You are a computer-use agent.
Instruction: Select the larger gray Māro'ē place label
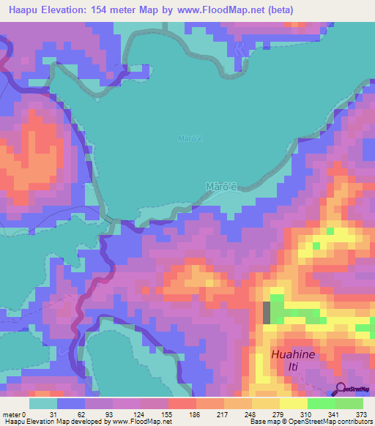pyautogui.click(x=221, y=187)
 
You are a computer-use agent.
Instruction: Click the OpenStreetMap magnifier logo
pyautogui.click(x=341, y=390)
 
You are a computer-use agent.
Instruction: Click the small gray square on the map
pyautogui.click(x=267, y=313)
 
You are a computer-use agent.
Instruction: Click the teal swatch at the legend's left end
pyautogui.click(x=42, y=403)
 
